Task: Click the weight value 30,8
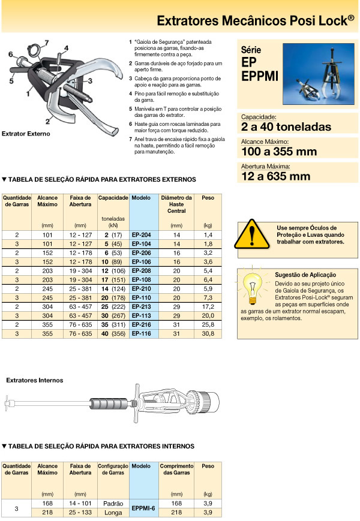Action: [208, 333]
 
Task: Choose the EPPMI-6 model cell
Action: [143, 508]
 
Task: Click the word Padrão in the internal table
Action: [113, 503]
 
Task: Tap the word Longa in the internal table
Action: [113, 513]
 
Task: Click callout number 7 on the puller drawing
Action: [47, 42]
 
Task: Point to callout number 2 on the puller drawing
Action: [46, 121]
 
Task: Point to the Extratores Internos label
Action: [34, 380]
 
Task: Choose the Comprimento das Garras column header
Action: [176, 469]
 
